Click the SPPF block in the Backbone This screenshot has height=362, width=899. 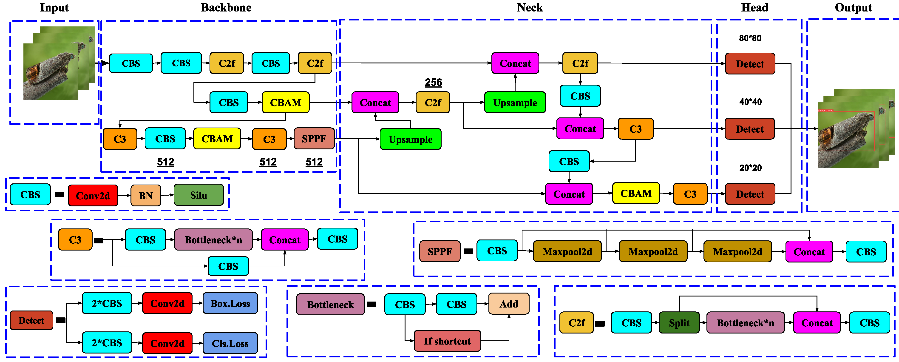point(314,139)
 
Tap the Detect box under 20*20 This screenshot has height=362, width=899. point(750,194)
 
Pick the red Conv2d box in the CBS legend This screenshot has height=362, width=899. point(93,196)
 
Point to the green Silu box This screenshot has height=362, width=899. point(199,195)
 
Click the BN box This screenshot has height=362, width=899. point(145,196)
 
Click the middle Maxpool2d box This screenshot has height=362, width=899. point(653,251)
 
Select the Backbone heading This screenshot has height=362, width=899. point(226,7)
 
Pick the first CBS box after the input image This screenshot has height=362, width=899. point(131,63)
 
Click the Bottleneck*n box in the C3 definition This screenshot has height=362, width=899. point(213,240)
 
